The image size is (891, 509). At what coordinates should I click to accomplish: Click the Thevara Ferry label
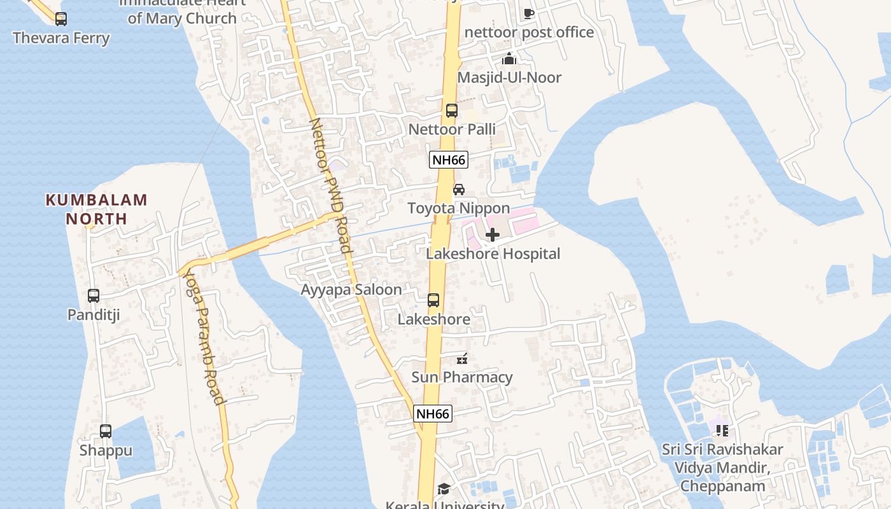click(x=61, y=38)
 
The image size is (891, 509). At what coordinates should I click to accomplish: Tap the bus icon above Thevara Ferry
click(x=61, y=19)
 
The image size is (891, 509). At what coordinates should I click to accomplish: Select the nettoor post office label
click(x=530, y=32)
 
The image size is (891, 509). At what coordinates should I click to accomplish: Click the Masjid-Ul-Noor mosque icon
click(x=509, y=59)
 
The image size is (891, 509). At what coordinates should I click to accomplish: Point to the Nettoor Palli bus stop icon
click(x=452, y=111)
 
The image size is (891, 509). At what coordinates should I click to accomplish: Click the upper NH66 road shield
click(x=449, y=160)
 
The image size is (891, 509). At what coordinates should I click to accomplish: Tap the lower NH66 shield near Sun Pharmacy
click(x=433, y=414)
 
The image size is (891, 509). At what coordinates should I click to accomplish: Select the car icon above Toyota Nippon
click(x=459, y=190)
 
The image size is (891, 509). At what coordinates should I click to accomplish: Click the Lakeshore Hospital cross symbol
click(x=492, y=235)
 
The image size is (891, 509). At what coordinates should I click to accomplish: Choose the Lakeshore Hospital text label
click(x=493, y=254)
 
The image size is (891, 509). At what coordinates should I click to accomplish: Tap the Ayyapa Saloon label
click(x=351, y=290)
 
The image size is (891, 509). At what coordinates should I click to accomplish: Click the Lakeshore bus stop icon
click(x=433, y=300)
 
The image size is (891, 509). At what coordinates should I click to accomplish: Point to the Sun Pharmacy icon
click(x=462, y=359)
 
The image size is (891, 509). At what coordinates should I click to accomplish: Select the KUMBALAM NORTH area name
click(x=97, y=209)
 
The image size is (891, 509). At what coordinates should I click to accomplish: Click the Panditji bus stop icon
click(x=94, y=296)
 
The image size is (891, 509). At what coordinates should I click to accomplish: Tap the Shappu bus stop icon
click(x=106, y=431)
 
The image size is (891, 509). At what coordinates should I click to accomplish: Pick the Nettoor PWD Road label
click(x=330, y=185)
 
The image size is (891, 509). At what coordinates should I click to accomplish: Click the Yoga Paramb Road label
click(x=204, y=337)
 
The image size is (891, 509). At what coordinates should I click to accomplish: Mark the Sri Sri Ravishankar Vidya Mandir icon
click(x=722, y=431)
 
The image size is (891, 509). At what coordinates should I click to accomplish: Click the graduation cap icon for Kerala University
click(x=444, y=489)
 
